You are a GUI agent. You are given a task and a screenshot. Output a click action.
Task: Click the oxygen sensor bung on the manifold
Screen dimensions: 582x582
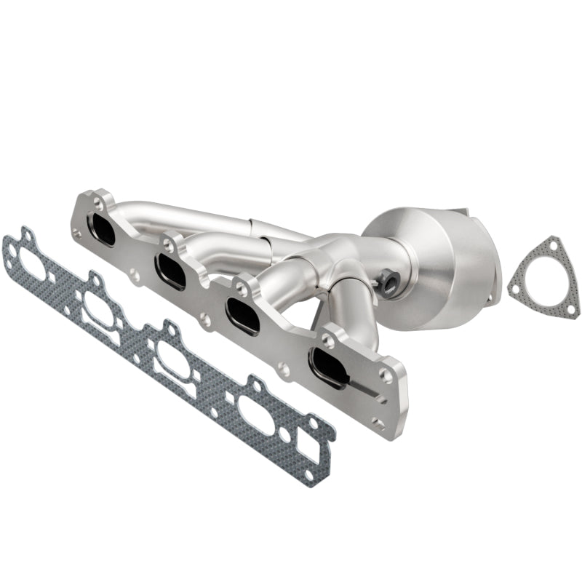(387, 277)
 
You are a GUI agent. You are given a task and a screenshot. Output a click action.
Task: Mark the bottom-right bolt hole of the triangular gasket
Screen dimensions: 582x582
(570, 308)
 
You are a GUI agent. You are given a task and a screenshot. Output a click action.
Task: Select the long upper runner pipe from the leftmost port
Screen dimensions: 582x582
(189, 215)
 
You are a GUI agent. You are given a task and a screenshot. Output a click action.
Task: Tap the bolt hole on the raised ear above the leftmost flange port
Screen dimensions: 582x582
(97, 205)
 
